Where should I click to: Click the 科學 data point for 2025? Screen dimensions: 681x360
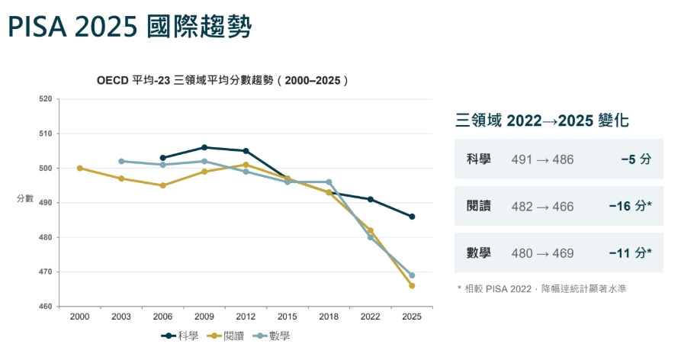pos(412,217)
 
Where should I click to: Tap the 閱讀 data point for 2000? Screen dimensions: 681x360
pos(80,168)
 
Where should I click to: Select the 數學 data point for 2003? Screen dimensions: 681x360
pos(121,161)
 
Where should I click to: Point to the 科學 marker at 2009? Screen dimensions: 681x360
pos(204,148)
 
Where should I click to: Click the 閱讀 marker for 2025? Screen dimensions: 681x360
pos(412,286)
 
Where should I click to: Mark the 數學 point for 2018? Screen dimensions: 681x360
pos(329,182)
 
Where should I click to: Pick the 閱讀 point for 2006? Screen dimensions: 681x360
pos(163,185)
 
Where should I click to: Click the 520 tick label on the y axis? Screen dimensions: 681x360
pos(46,99)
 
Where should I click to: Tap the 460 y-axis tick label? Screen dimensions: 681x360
pos(46,307)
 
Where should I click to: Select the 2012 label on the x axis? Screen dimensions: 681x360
pos(246,317)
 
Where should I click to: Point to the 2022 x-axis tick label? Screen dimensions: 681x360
pos(370,317)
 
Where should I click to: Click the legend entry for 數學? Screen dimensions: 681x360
pos(272,336)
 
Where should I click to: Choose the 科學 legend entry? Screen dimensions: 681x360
pos(180,336)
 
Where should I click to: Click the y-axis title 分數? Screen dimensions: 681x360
pos(25,198)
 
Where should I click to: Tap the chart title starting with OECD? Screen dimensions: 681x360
pos(223,81)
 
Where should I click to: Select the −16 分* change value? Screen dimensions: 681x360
pos(630,206)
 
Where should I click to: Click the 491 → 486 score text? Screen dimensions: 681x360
pos(542,159)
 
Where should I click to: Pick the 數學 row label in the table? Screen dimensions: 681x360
pos(479,252)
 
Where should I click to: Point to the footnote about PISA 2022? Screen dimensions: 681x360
pos(542,289)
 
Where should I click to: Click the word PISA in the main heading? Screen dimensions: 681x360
pos(37,27)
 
